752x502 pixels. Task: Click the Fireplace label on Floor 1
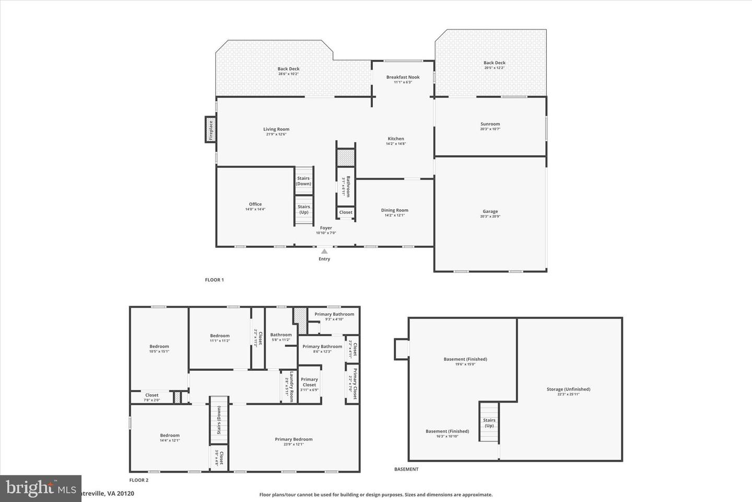211,130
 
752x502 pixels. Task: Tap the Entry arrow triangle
324,252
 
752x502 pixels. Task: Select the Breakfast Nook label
403,77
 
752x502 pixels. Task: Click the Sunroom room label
490,124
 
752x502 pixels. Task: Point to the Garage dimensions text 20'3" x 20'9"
490,216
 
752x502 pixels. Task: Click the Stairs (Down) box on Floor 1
303,181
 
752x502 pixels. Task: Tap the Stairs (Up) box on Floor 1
303,209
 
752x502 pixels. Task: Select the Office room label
255,204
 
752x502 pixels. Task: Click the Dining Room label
394,210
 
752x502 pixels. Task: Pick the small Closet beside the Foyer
346,212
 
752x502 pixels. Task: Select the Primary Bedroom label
293,439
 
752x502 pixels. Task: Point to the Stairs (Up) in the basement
489,423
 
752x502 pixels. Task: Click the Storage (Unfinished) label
568,389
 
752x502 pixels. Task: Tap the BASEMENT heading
406,469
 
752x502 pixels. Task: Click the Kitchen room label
396,139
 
